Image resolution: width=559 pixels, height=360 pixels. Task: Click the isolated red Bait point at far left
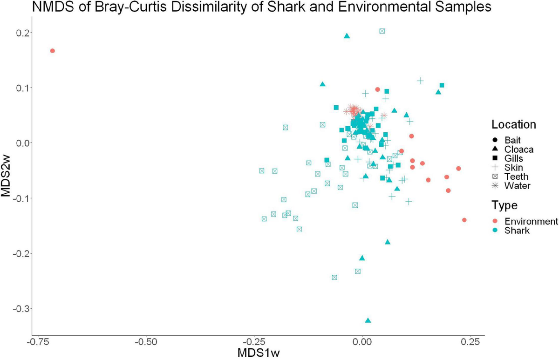53,51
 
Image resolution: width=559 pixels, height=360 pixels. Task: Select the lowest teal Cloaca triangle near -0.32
368,320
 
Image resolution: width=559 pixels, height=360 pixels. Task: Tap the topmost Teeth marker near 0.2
382,31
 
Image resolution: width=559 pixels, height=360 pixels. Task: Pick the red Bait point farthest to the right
464,220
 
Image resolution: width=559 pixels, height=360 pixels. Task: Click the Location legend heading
514,125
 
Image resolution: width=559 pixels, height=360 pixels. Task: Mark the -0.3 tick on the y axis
21,309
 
